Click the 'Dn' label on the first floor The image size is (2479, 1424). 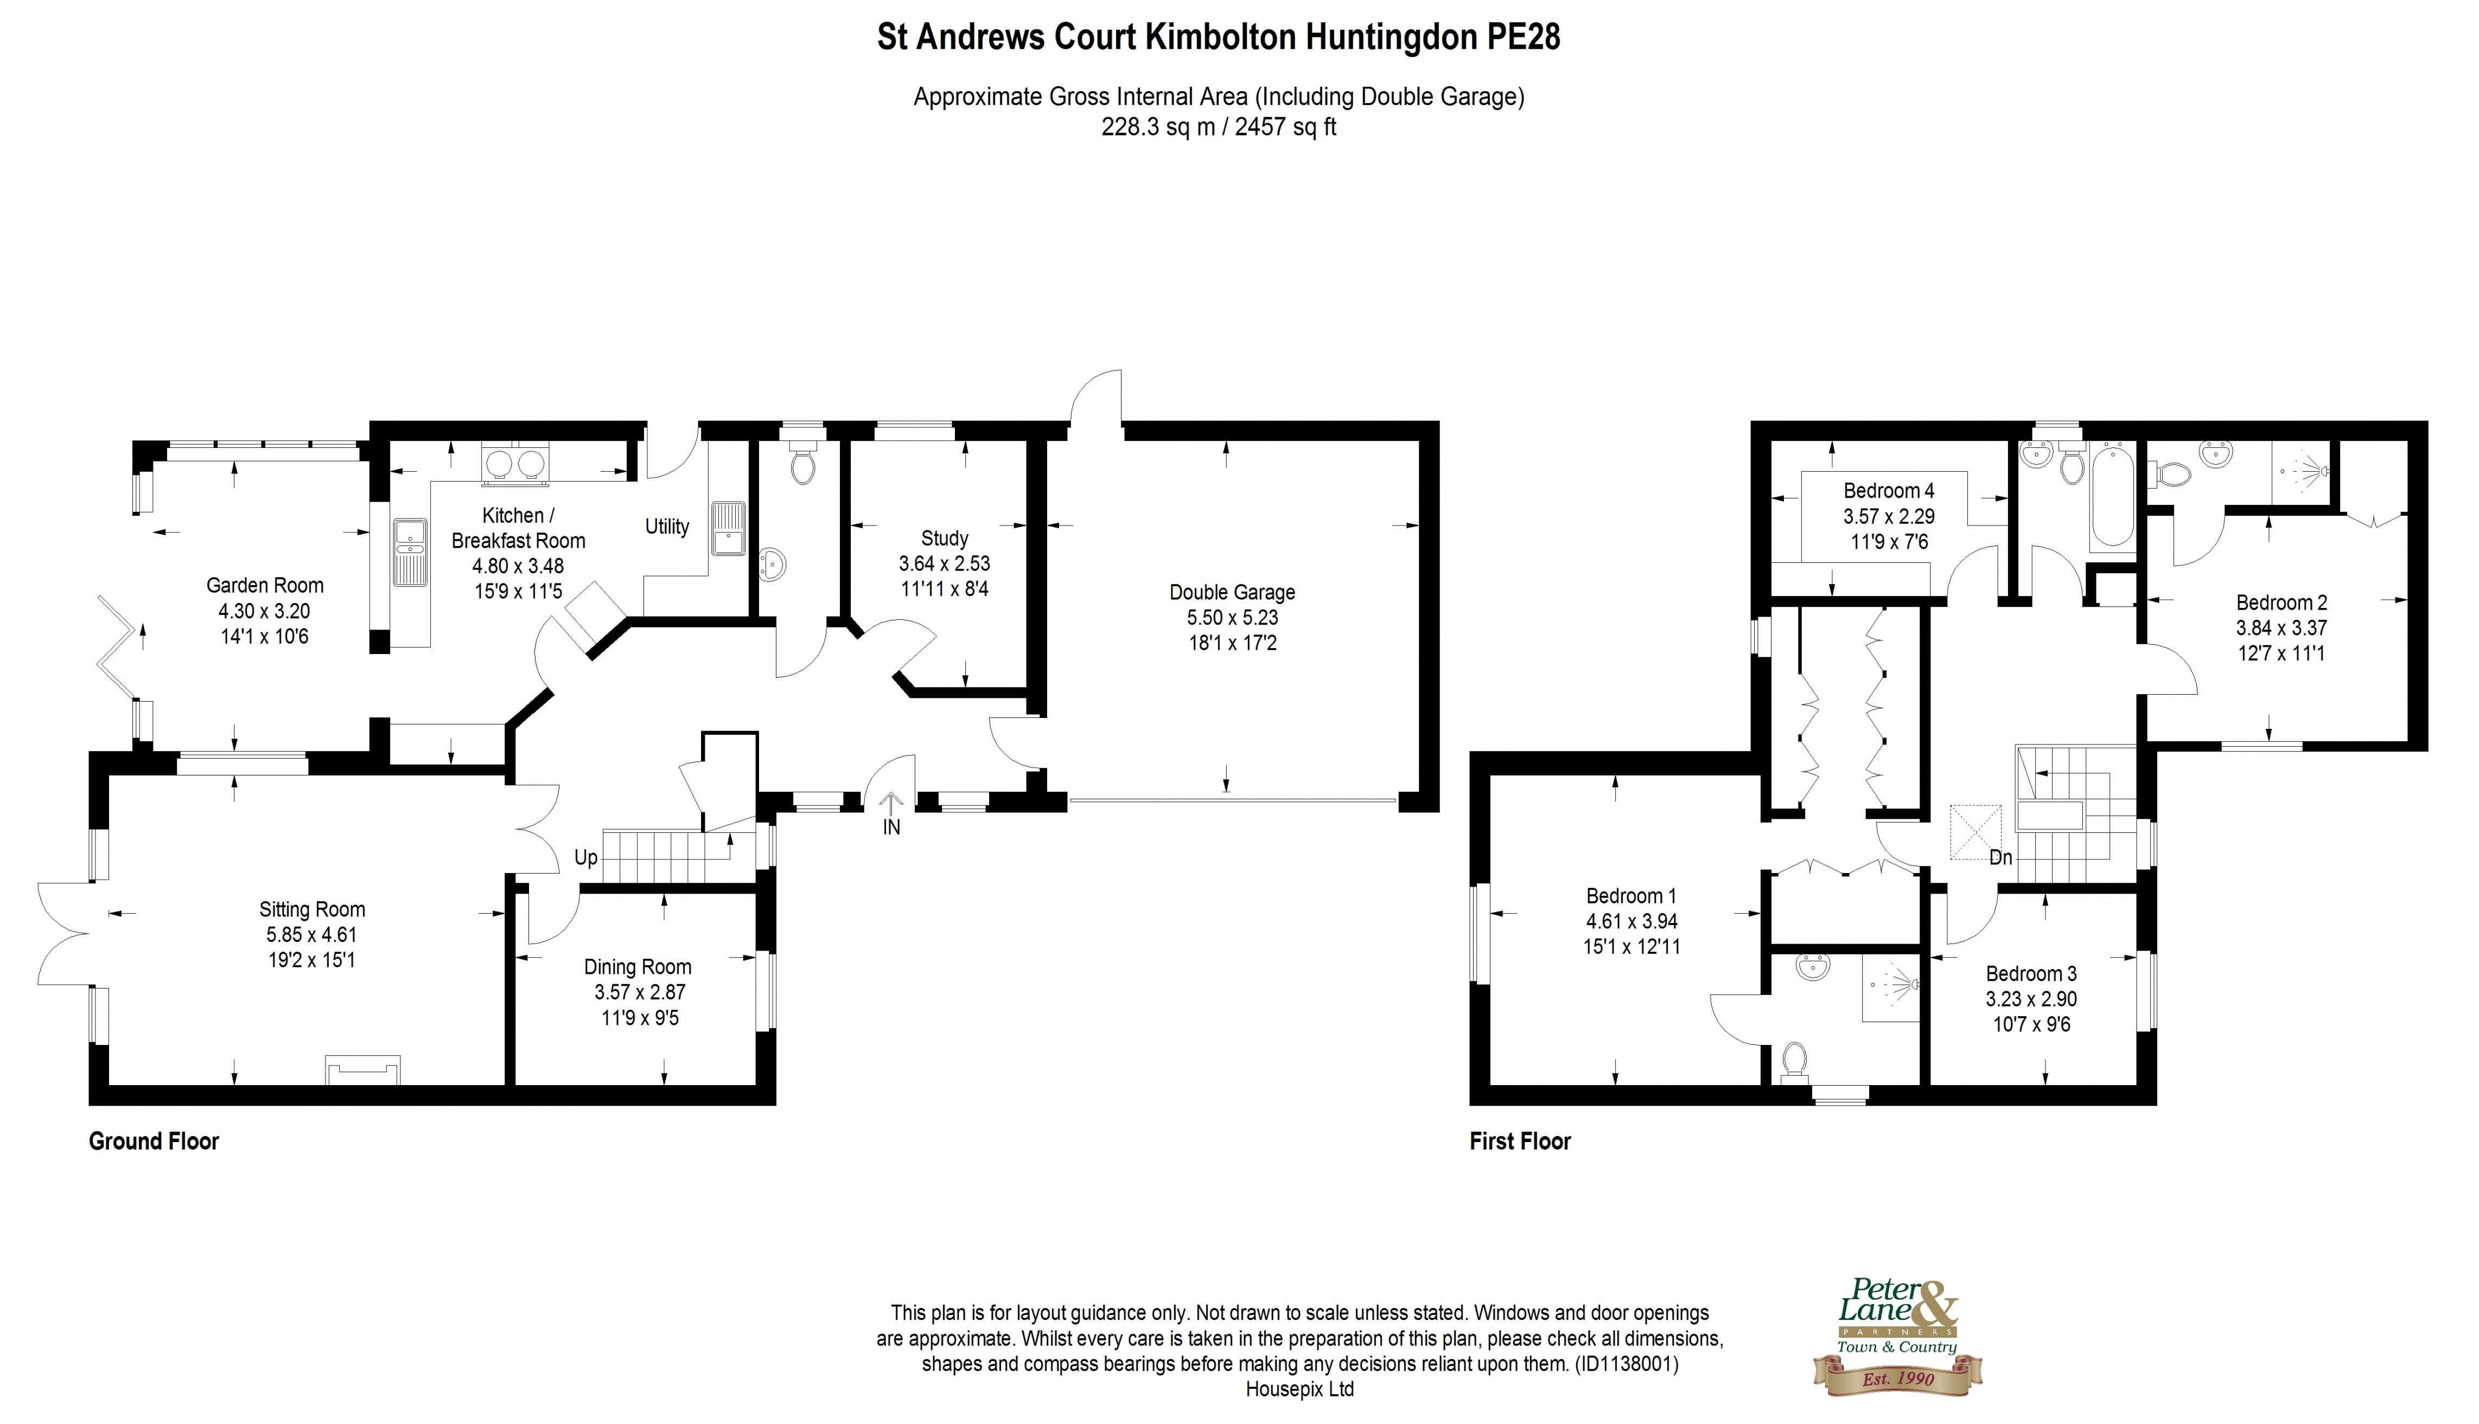click(x=2000, y=858)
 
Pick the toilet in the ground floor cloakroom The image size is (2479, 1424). click(x=803, y=465)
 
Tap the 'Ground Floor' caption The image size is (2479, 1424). click(x=154, y=1141)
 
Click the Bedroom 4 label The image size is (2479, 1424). click(x=1888, y=490)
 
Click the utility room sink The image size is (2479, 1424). click(x=728, y=528)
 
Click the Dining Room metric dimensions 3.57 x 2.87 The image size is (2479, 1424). click(x=640, y=992)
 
